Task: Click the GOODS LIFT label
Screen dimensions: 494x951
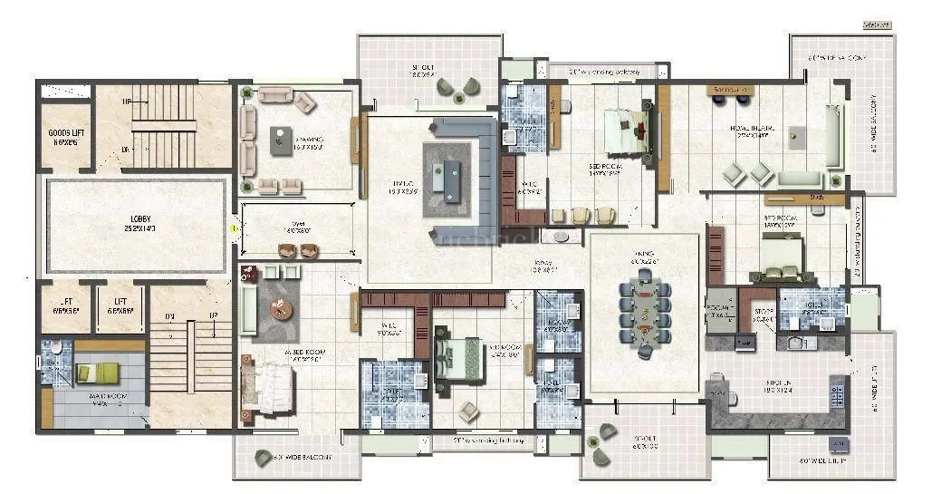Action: (x=66, y=137)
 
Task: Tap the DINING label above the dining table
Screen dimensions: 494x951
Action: (x=644, y=257)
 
